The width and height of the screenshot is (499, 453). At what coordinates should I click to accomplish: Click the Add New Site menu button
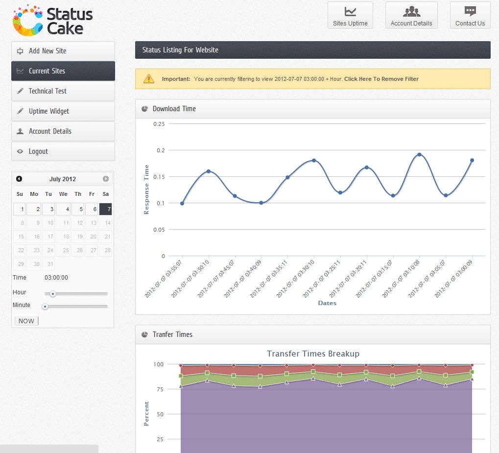(63, 51)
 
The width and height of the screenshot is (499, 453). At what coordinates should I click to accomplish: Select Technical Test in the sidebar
(63, 91)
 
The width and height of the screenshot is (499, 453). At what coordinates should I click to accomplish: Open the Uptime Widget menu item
(63, 111)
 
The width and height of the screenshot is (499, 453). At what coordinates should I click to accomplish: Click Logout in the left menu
(63, 151)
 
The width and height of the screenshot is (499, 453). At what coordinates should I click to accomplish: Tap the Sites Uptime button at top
(350, 15)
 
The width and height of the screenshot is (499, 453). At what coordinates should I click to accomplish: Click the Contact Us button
(470, 15)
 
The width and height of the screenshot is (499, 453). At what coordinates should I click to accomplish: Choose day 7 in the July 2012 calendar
(106, 209)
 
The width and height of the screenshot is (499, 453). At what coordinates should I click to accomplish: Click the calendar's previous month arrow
(19, 179)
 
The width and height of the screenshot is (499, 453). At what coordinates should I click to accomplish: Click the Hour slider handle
(52, 294)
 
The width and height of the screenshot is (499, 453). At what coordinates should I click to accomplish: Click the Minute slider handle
(45, 307)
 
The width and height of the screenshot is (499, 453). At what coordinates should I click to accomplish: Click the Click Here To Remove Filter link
(381, 79)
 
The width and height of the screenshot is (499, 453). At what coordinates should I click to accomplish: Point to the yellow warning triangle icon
(149, 78)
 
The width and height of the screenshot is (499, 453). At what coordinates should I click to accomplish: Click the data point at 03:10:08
(419, 155)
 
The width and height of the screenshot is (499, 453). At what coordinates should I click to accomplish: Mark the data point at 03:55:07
(182, 203)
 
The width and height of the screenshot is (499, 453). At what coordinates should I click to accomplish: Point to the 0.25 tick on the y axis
(159, 124)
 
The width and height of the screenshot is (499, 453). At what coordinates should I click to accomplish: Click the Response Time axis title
(146, 190)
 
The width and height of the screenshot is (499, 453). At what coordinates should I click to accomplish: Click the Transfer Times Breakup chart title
(313, 354)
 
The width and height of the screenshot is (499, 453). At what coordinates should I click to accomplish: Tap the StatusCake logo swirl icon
(27, 21)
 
